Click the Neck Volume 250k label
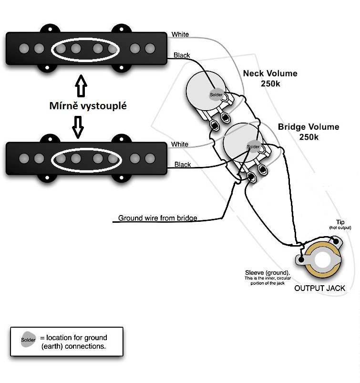[270, 78]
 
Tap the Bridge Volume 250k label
[309, 132]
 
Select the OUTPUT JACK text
[319, 288]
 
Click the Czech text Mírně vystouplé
[88, 106]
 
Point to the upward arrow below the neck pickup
[81, 86]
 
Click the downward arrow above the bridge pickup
[78, 127]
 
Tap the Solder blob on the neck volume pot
[216, 94]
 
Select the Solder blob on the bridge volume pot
[253, 146]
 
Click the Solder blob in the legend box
[28, 340]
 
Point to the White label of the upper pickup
[180, 34]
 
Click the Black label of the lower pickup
[183, 165]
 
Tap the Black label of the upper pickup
[182, 55]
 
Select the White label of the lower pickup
[179, 144]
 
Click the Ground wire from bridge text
[157, 218]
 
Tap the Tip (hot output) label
[340, 225]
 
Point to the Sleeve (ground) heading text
[267, 273]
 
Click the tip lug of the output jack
[336, 241]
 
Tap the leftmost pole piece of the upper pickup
[24, 48]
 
